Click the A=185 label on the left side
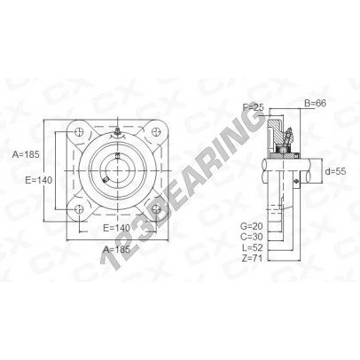coord(26,154)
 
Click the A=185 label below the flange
coord(116,249)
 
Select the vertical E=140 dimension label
coord(39,180)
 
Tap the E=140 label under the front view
coord(116,228)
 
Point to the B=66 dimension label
coord(315,103)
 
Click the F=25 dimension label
coord(253,107)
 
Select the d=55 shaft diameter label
coord(335,171)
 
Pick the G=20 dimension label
coord(252,226)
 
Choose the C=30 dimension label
coord(252,237)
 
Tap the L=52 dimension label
coord(252,247)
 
